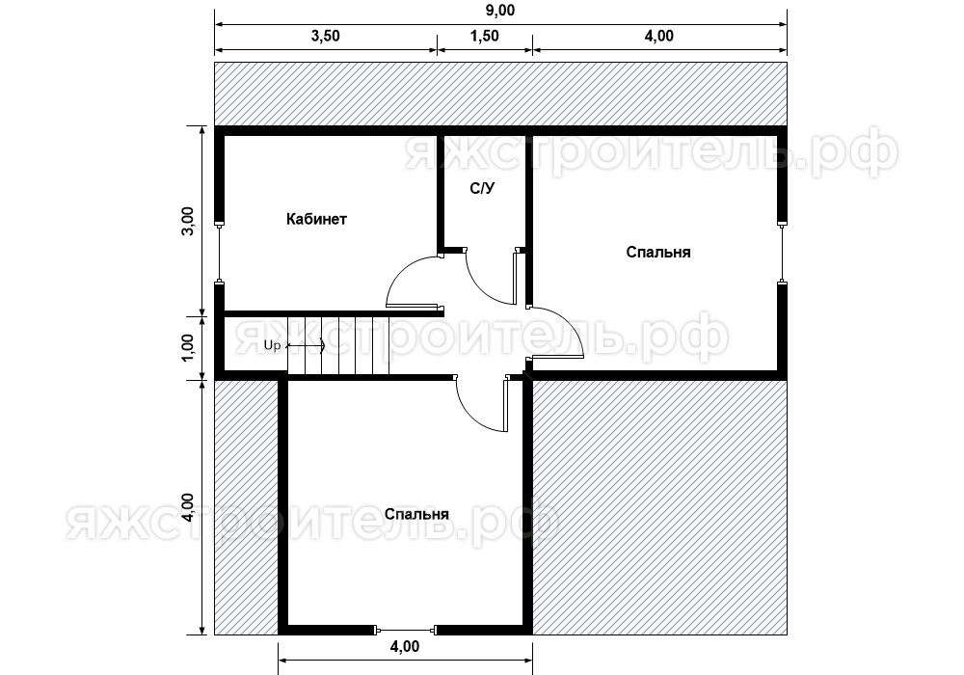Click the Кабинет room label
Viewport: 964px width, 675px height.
coord(316,219)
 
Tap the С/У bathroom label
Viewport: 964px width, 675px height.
coord(482,188)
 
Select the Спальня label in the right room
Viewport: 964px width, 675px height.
coord(658,252)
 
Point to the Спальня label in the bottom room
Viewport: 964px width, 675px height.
coord(416,514)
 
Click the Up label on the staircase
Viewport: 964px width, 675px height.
coord(273,345)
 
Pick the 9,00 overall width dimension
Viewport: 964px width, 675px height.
coord(500,11)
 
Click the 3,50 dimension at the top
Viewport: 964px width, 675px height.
coord(325,37)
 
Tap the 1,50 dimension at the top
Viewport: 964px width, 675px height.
coord(485,37)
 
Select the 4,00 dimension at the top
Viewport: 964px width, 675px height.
coord(659,37)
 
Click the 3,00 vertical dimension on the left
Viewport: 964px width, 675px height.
coord(188,222)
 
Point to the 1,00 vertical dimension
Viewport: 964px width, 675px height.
coord(188,348)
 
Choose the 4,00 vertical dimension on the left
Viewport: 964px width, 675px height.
coord(188,508)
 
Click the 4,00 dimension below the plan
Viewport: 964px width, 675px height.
coord(405,647)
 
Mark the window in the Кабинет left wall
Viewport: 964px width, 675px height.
coord(220,253)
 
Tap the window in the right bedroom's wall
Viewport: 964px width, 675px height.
coord(782,253)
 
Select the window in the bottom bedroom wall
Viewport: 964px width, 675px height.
coord(406,630)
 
